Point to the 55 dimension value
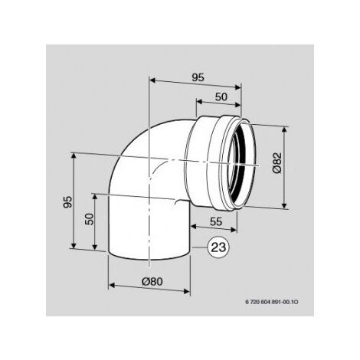[x=216, y=221]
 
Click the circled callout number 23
[x=218, y=247]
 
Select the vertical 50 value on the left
[x=90, y=219]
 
